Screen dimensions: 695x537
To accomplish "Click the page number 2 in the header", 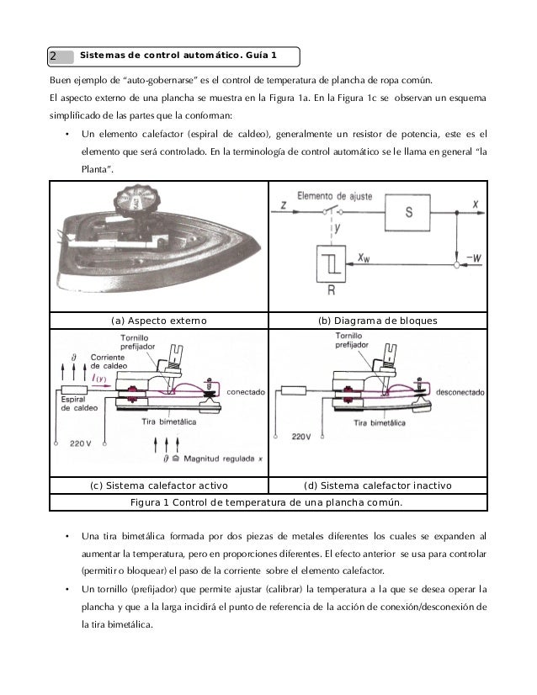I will pyautogui.click(x=53, y=56).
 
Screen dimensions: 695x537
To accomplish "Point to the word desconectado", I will pyautogui.click(x=455, y=390).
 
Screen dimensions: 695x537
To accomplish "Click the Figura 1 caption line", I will pyautogui.click(x=268, y=504).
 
